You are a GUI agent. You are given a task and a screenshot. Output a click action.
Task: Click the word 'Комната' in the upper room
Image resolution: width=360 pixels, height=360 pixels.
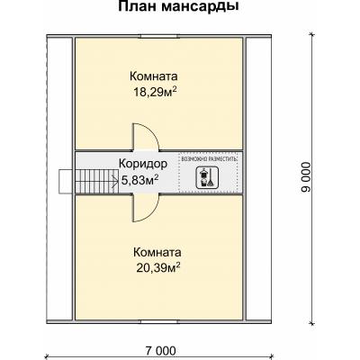click(153, 76)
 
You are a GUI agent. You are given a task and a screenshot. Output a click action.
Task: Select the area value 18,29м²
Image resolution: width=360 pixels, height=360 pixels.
click(154, 91)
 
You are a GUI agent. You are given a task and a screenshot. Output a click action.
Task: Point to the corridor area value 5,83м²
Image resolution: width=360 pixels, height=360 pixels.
click(139, 178)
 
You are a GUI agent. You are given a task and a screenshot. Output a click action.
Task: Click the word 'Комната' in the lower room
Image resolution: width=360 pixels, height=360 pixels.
click(157, 252)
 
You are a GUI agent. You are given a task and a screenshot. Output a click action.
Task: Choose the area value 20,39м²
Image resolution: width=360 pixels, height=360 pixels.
click(157, 266)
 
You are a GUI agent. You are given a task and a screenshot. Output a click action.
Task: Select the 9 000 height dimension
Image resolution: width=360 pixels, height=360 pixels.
click(306, 180)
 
